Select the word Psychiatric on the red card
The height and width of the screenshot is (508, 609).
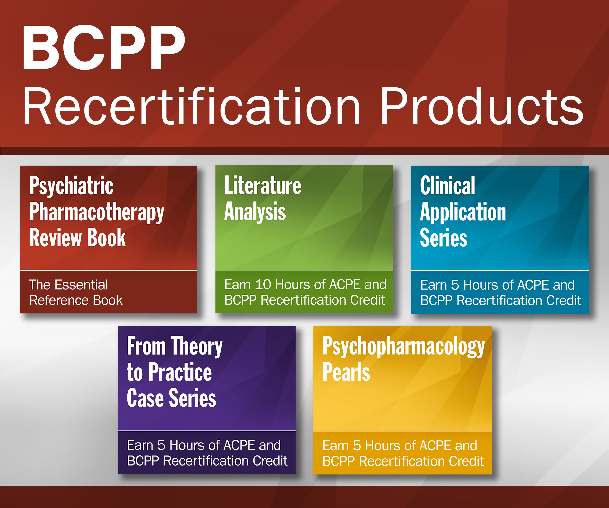[x=71, y=187]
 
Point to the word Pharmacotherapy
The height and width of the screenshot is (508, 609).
[x=97, y=213]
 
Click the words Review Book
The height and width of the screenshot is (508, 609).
[x=77, y=238]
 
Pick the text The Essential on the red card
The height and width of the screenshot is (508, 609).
[x=69, y=285]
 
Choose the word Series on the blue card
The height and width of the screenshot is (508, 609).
[x=444, y=238]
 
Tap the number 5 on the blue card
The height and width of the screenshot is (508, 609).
[x=455, y=285]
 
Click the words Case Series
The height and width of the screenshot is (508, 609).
[x=171, y=398]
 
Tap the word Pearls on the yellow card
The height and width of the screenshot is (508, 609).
[x=346, y=372]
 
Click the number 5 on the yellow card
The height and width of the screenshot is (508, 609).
[x=357, y=446]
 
